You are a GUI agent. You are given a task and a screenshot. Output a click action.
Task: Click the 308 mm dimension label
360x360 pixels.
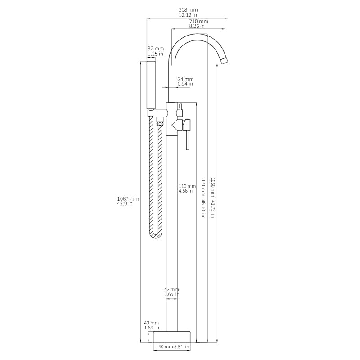tap(188, 9)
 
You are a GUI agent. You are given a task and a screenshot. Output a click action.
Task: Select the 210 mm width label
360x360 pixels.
tap(198, 21)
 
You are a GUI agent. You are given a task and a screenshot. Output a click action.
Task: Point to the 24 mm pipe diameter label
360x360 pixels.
tap(185, 79)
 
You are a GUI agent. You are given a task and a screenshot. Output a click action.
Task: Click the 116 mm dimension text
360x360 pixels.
tap(187, 186)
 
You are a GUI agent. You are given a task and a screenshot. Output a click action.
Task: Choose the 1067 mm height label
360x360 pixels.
tap(128, 198)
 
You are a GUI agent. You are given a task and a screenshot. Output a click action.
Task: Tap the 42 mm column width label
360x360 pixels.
tap(171, 289)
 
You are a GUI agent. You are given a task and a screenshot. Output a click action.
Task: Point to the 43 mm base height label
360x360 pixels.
tap(151, 323)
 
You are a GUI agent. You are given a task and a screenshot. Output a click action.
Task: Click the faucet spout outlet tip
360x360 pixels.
tap(224, 60)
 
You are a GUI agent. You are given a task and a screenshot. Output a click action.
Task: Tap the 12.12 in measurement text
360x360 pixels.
tap(188, 15)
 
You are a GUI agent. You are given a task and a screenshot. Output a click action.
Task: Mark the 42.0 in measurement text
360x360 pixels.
tap(125, 204)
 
